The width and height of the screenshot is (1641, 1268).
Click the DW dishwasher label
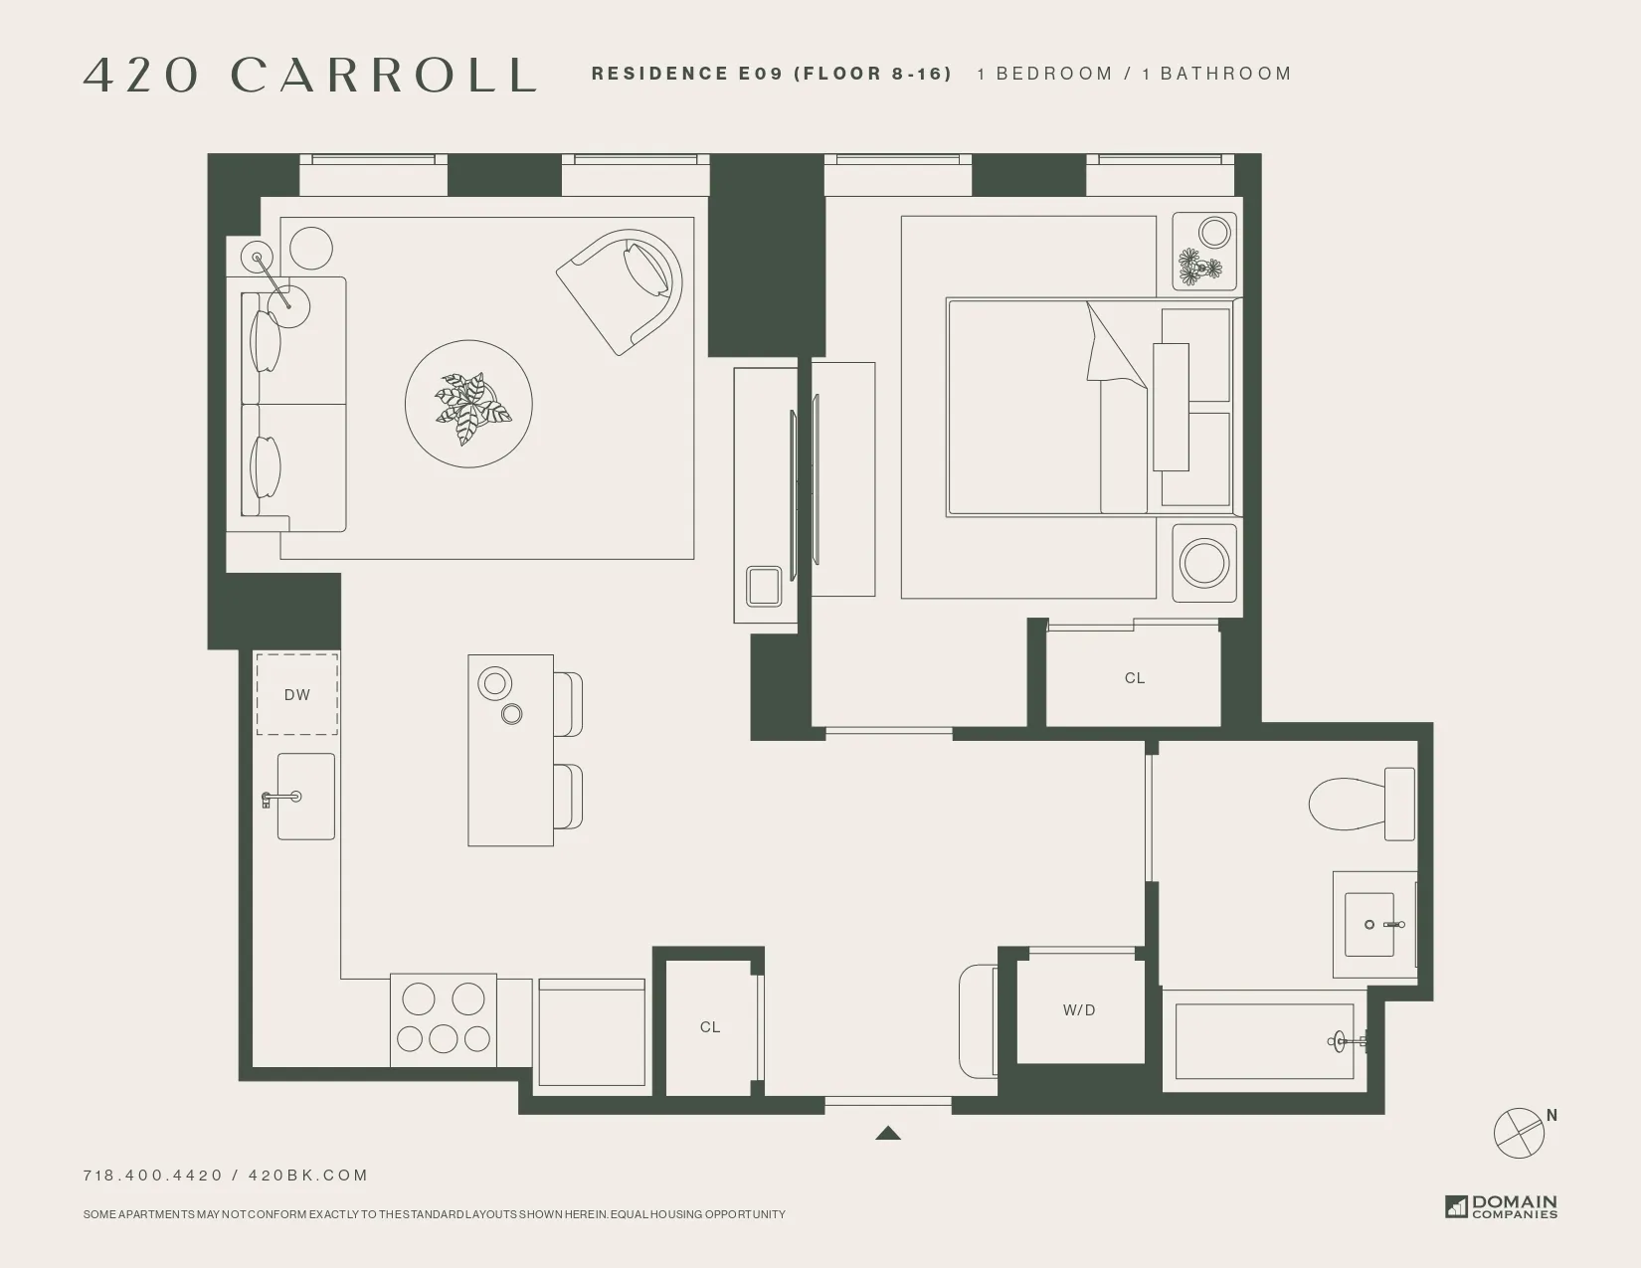(296, 695)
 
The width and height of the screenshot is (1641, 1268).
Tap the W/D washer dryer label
(1079, 1010)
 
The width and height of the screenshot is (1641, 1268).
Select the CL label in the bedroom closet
(1135, 678)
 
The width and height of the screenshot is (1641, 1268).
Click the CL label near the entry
(709, 1027)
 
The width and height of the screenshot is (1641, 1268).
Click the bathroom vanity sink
(1370, 925)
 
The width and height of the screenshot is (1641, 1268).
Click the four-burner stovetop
(444, 1018)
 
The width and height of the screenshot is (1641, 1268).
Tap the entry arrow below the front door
(888, 1133)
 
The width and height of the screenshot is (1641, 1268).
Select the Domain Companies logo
(1501, 1206)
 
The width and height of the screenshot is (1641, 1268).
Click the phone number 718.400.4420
(153, 1176)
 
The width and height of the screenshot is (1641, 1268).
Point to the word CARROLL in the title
(384, 76)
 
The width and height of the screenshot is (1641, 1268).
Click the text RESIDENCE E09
(686, 74)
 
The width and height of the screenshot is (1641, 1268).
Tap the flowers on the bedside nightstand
(1199, 267)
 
